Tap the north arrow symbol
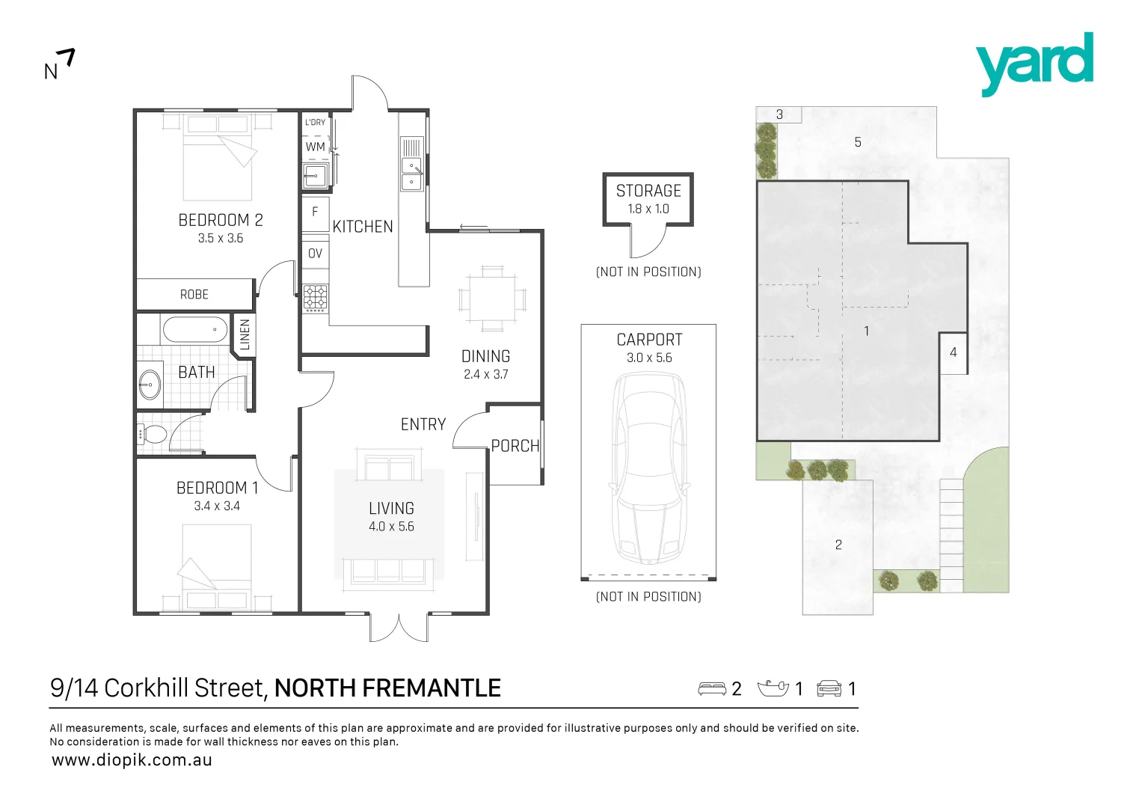coord(60,64)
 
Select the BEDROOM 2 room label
coord(221,220)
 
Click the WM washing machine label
coord(316,147)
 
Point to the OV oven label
coord(316,254)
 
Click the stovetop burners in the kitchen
coord(315,298)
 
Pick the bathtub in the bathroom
coord(194,329)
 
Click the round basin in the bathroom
coord(150,385)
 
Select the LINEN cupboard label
coord(245,334)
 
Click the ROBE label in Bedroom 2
coord(194,295)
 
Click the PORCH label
coord(515,446)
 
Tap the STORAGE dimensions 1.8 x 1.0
coord(648,209)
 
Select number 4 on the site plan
coord(953,352)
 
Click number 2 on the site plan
coord(838,545)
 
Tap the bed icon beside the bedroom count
coord(712,688)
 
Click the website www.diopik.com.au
coord(132,760)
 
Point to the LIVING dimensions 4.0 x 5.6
coord(391,527)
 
